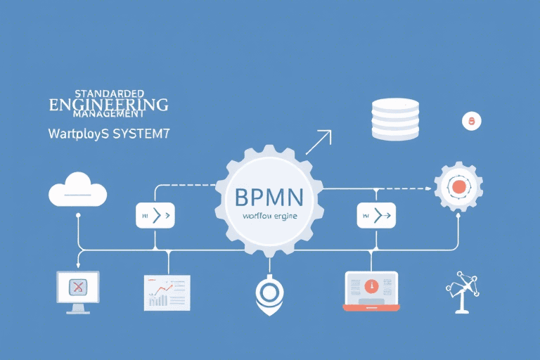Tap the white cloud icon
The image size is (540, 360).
tap(77, 190)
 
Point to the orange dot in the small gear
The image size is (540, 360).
tap(458, 187)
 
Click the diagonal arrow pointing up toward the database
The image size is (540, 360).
tap(318, 142)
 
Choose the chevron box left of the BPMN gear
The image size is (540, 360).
tap(155, 215)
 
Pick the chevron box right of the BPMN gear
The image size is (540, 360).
tap(377, 215)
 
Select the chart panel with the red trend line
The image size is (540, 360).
tap(167, 292)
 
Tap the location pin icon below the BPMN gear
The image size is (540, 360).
tap(269, 292)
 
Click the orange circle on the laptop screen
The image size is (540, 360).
tap(371, 286)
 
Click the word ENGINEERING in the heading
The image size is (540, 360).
tap(108, 105)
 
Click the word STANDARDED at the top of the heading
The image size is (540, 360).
tap(108, 93)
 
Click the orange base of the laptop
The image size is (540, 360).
tap(371, 307)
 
